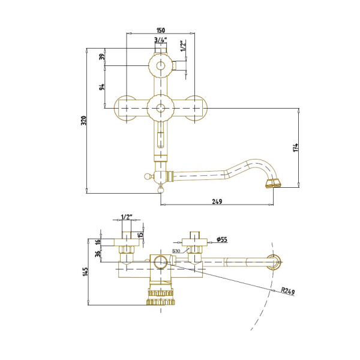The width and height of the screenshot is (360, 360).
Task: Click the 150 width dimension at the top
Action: pos(161,30)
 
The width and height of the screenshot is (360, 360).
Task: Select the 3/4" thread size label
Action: pos(160,40)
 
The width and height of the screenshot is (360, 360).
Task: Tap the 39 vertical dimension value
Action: pos(102,56)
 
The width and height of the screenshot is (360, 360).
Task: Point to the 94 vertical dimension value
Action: pos(102,87)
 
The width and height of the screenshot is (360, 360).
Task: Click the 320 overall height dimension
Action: pos(84,121)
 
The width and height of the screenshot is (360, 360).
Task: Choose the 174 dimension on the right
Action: pos(296,148)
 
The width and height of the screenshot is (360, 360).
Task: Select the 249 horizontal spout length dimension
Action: pos(217,202)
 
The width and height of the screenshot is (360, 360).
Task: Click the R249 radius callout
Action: pos(288,291)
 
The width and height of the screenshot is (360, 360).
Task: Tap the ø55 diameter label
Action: pos(222,239)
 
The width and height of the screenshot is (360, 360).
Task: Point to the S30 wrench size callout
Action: pos(176,251)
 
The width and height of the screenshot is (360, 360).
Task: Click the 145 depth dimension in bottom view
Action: pos(85,272)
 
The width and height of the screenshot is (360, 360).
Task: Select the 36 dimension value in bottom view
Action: pos(98,253)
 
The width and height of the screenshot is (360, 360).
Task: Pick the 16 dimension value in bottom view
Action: pos(98,242)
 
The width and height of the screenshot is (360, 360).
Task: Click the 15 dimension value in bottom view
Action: pos(140,234)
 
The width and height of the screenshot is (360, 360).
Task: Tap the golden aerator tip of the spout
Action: pos(273,184)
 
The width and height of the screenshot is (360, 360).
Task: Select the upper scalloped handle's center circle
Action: pos(161,65)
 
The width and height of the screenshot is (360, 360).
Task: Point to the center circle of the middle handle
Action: pos(161,108)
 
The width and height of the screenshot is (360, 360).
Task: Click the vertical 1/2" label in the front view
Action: pos(183,46)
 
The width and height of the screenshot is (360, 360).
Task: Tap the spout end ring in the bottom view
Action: pos(274,262)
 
